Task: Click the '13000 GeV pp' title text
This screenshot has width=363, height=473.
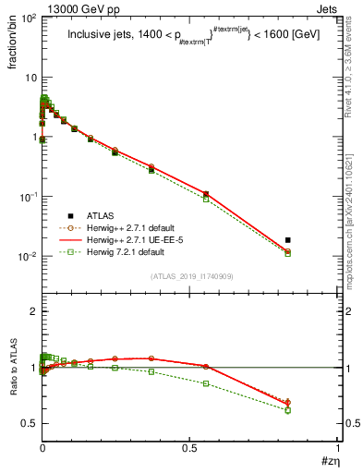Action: tap(77, 7)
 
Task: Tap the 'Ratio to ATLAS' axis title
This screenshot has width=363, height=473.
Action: tap(13, 368)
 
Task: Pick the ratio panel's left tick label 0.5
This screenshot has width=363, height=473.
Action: tap(28, 423)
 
